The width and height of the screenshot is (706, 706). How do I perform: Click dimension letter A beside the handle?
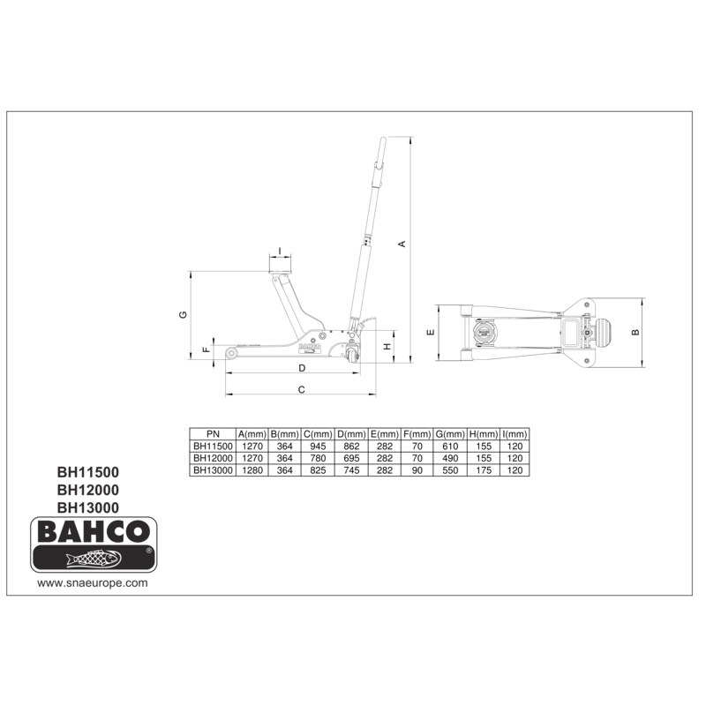[x=402, y=244]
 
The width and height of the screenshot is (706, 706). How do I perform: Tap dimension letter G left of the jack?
[x=183, y=315]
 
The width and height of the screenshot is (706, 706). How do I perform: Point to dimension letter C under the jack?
[x=301, y=389]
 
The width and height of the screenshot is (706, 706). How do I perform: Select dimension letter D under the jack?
[x=302, y=368]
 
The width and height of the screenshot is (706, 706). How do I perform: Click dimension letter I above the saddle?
[x=280, y=251]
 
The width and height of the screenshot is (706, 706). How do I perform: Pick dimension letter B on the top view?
[x=635, y=333]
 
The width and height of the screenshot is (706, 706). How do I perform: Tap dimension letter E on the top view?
[x=431, y=333]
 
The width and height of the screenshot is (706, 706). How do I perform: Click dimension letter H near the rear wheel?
[x=387, y=346]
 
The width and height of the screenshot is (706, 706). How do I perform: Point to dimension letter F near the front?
[x=207, y=349]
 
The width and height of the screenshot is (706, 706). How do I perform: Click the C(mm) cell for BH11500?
[x=318, y=447]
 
